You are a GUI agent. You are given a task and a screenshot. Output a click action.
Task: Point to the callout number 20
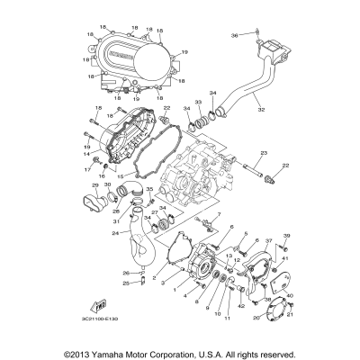pos(256,317)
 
